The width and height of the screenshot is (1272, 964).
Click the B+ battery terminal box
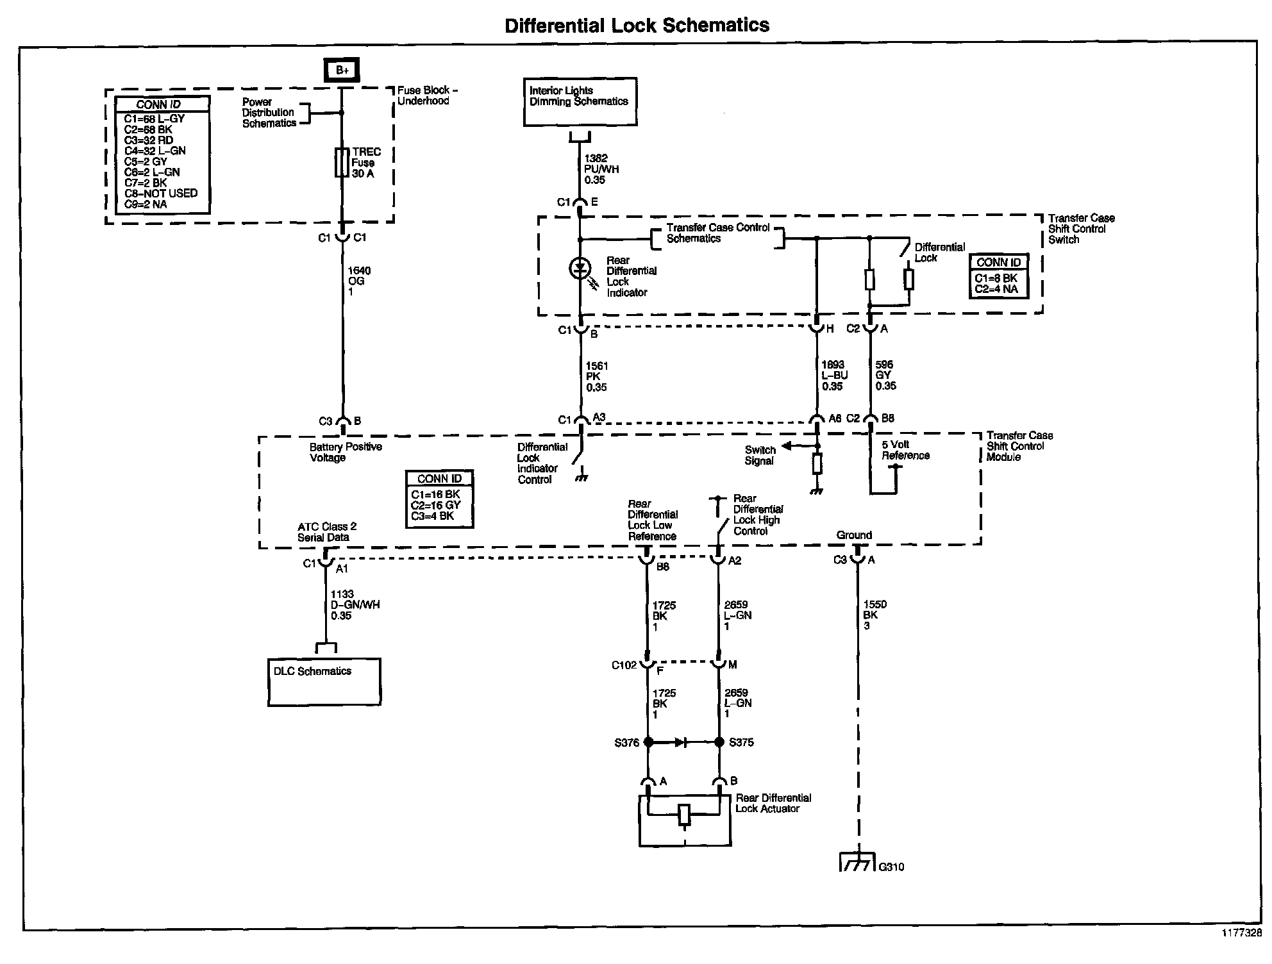click(x=342, y=70)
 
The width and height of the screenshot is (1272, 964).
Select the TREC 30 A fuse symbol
click(x=342, y=162)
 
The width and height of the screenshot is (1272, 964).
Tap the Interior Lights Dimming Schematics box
click(x=580, y=102)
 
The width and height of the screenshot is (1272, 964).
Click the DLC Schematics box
click(x=324, y=681)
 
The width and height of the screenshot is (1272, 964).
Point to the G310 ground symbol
click(x=857, y=863)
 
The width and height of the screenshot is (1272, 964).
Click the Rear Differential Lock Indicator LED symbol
click(x=580, y=269)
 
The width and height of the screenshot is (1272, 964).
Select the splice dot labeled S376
click(x=648, y=742)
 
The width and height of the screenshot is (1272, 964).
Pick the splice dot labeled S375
click(x=719, y=742)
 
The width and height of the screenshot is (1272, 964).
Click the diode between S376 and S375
click(x=682, y=742)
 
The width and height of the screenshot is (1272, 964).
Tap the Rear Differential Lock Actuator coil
click(x=684, y=815)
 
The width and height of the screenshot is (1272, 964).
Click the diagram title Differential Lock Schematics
click(x=637, y=25)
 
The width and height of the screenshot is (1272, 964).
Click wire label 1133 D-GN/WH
click(x=355, y=605)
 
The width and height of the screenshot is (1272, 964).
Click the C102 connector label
click(x=623, y=665)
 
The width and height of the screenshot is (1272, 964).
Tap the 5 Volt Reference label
click(x=905, y=450)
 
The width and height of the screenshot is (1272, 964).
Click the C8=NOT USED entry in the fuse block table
click(x=161, y=193)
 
